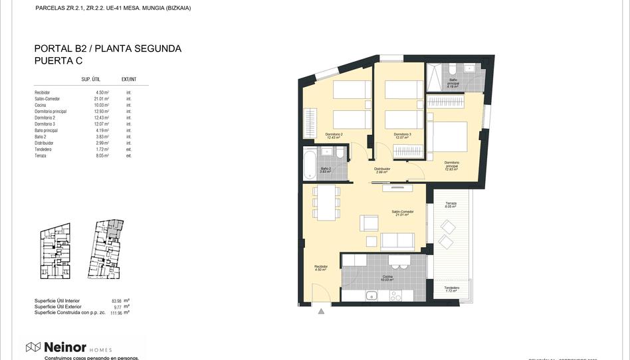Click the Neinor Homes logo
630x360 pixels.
[x=68, y=347]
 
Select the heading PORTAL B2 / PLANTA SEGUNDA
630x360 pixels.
[x=108, y=48]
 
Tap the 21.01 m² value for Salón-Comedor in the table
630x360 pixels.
[x=101, y=99]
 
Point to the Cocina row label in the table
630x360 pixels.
[x=42, y=105]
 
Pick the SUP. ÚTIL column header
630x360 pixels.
[x=90, y=79]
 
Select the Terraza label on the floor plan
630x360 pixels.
[x=451, y=204]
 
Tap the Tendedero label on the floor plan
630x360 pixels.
[x=452, y=288]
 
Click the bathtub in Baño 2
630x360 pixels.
[x=310, y=164]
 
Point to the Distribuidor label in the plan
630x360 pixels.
[x=382, y=169]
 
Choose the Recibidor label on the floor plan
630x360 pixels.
[x=322, y=267]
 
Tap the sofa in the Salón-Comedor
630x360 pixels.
[x=397, y=240]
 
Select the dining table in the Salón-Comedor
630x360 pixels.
[x=326, y=203]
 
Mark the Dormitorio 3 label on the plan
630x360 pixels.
[x=403, y=135]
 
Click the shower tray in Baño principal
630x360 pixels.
[x=435, y=77]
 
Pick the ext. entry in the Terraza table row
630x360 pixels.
[x=129, y=156]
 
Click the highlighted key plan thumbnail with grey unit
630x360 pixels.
[x=108, y=249]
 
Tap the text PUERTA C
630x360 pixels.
[x=59, y=60]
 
